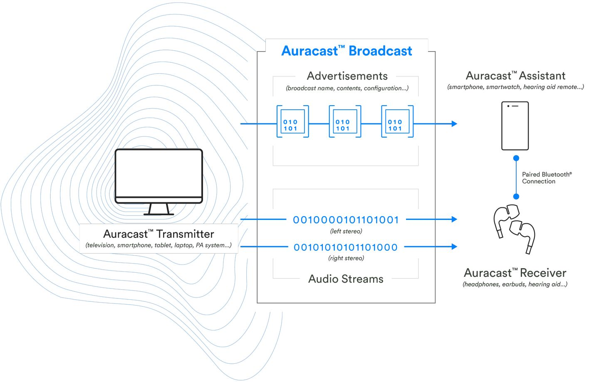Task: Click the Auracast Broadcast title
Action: pyautogui.click(x=347, y=51)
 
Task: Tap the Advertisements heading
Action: pyautogui.click(x=347, y=76)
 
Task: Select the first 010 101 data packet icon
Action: pyautogui.click(x=292, y=122)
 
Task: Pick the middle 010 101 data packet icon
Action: pyautogui.click(x=345, y=122)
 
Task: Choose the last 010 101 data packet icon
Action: pyautogui.click(x=397, y=122)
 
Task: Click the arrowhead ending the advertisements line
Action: pyautogui.click(x=454, y=123)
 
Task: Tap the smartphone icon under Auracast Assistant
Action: pyautogui.click(x=515, y=126)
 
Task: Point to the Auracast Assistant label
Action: pyautogui.click(x=515, y=76)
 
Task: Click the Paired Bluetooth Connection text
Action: pyautogui.click(x=547, y=178)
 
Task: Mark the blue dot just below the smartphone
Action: pyautogui.click(x=516, y=158)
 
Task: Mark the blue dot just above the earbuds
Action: pyautogui.click(x=516, y=197)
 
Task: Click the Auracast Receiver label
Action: pyautogui.click(x=515, y=273)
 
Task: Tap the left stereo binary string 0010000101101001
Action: pyautogui.click(x=346, y=220)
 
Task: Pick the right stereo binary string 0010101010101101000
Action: pyautogui.click(x=346, y=247)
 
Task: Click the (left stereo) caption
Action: pyautogui.click(x=346, y=231)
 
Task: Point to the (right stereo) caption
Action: pyautogui.click(x=346, y=258)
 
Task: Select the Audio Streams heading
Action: pyautogui.click(x=346, y=279)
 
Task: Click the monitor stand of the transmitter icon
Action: pyautogui.click(x=158, y=209)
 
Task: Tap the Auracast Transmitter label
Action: pyautogui.click(x=158, y=234)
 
